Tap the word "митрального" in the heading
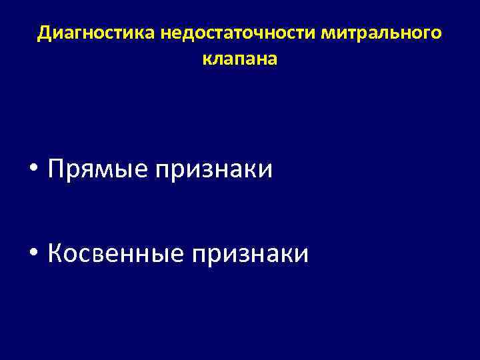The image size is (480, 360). (x=381, y=33)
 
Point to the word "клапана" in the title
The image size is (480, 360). (x=239, y=59)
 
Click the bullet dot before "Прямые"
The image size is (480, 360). (x=34, y=170)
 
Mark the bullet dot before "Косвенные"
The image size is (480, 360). (x=34, y=253)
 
